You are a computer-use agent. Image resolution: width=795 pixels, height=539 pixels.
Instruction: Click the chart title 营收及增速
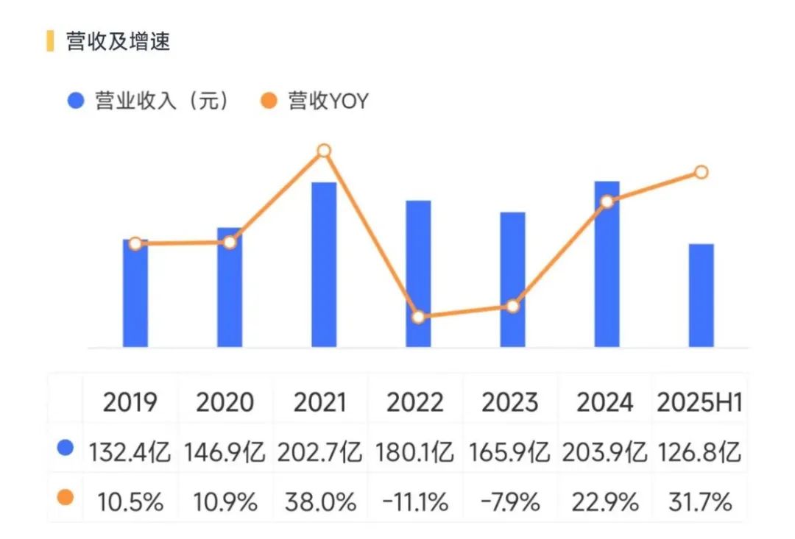pyautogui.click(x=118, y=41)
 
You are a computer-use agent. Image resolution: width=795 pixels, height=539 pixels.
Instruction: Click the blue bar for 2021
pyautogui.click(x=324, y=265)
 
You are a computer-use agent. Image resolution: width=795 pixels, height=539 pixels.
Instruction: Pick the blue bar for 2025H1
pyautogui.click(x=701, y=295)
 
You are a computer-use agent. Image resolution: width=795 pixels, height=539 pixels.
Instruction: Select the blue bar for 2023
pyautogui.click(x=512, y=279)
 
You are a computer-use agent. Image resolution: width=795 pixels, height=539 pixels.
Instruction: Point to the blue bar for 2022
pyautogui.click(x=418, y=274)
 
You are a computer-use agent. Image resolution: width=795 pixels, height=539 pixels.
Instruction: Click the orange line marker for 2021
pyautogui.click(x=324, y=151)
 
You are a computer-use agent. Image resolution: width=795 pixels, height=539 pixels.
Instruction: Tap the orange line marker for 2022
pyautogui.click(x=418, y=318)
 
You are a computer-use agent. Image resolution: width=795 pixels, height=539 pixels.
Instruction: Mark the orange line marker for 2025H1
pyautogui.click(x=701, y=172)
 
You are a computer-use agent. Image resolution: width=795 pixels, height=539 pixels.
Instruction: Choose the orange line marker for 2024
pyautogui.click(x=607, y=201)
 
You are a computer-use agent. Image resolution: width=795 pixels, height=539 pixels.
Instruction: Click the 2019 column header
pyautogui.click(x=130, y=402)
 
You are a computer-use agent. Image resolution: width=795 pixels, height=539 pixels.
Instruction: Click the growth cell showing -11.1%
pyautogui.click(x=414, y=502)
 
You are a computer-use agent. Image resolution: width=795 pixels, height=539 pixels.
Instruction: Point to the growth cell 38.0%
pyautogui.click(x=319, y=502)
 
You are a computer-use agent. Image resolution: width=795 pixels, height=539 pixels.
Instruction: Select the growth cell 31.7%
pyautogui.click(x=699, y=502)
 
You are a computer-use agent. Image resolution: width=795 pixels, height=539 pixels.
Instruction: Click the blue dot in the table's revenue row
pyautogui.click(x=66, y=449)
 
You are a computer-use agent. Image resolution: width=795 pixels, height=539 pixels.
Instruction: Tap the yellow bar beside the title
pyautogui.click(x=50, y=41)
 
